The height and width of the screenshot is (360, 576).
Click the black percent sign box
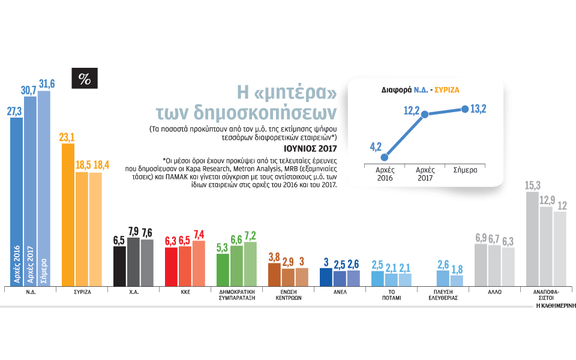point(84,79)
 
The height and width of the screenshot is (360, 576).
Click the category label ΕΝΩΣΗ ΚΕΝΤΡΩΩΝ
point(287,295)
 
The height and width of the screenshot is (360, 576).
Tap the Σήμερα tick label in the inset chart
point(465,170)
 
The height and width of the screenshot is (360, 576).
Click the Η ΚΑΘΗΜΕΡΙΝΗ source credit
point(556,305)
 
